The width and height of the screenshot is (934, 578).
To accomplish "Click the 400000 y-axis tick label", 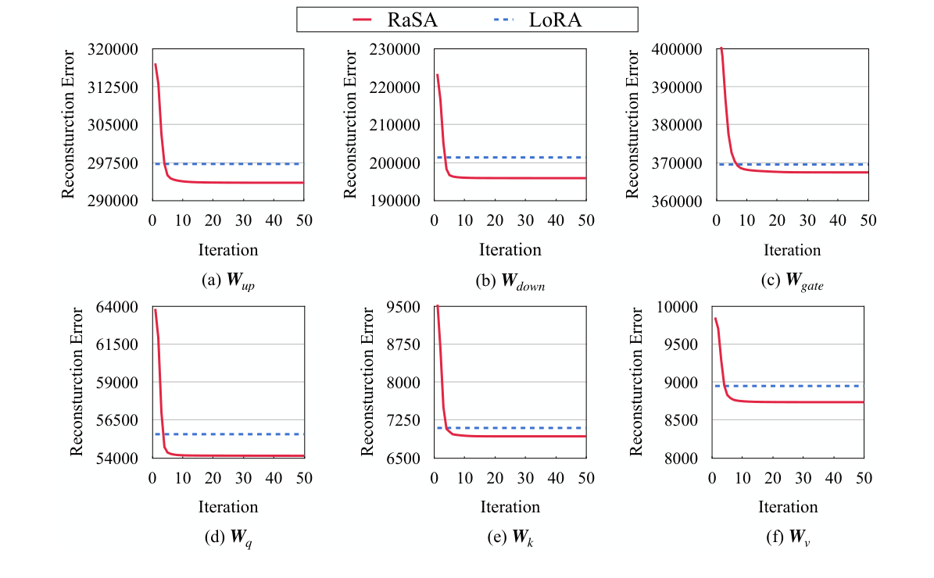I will coord(678,49).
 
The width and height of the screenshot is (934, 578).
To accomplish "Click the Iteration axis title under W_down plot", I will coord(510,250).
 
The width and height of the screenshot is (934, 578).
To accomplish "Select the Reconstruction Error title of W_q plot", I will coord(77,382).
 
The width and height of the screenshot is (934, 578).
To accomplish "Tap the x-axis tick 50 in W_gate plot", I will coord(868,220).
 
